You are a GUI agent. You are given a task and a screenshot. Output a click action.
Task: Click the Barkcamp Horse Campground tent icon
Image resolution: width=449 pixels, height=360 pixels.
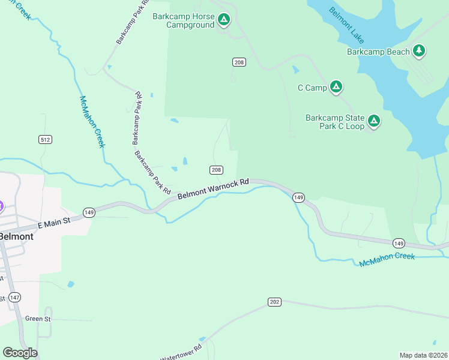[223, 20]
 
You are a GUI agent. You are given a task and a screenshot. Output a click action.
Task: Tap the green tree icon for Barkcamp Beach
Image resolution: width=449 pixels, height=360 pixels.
[419, 52]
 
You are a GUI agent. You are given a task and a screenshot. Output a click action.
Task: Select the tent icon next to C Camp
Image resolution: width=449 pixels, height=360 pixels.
[336, 88]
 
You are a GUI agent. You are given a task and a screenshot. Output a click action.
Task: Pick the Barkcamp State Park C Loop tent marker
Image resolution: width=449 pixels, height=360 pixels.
[374, 122]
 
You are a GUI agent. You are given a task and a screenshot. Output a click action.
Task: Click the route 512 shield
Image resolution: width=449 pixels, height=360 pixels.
[45, 139]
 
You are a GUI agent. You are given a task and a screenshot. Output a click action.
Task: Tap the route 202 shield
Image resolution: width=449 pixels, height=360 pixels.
[274, 302]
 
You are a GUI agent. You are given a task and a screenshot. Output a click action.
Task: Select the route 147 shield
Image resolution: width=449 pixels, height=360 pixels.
[15, 298]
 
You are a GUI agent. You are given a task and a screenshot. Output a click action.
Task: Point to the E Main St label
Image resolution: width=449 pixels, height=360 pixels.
[54, 223]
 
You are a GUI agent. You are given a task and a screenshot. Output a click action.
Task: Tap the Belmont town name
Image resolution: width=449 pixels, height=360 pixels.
[16, 236]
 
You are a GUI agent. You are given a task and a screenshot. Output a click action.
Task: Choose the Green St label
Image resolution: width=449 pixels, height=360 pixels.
[38, 319]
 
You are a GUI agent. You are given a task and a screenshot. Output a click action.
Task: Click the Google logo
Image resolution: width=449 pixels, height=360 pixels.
[20, 353]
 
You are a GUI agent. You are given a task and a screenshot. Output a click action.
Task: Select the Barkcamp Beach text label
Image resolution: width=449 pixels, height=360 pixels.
[378, 52]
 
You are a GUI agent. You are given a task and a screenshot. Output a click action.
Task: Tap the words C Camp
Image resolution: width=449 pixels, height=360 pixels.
[312, 88]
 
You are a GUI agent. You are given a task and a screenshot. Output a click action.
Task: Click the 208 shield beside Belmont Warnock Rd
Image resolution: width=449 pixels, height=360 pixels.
[217, 170]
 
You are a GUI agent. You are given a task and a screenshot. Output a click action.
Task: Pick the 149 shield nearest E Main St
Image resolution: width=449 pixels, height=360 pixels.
[89, 212]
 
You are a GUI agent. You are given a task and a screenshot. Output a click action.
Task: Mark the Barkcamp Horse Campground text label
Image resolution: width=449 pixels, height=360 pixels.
[182, 20]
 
